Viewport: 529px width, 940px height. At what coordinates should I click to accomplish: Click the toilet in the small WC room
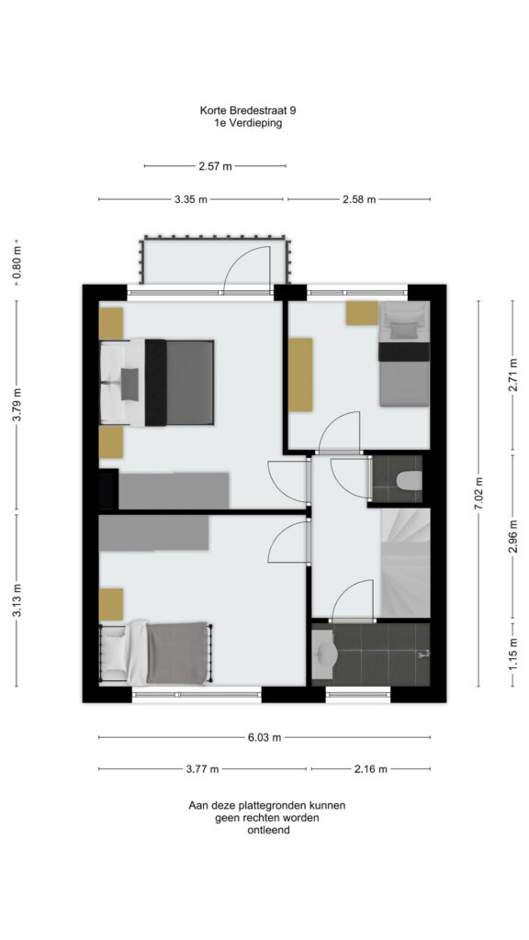pos(409,479)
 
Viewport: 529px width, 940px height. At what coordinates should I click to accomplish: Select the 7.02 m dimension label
pos(478,493)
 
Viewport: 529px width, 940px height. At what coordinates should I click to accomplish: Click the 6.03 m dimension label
pos(264,737)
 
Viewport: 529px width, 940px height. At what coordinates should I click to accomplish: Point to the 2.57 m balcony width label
pos(215,166)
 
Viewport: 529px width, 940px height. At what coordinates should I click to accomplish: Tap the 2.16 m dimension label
pos(371,769)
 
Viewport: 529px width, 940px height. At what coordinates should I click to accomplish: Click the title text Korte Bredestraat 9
pos(248,111)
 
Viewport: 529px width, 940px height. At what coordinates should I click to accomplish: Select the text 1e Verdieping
pos(248,124)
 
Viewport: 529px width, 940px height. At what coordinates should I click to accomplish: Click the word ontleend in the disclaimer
pos(268,830)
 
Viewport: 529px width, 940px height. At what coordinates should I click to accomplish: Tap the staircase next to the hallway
pos(405,563)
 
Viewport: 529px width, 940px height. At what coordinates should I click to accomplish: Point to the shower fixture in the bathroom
pos(424,655)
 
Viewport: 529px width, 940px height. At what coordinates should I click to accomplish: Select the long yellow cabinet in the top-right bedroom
pos(300,375)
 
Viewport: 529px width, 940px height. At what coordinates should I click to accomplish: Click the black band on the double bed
pos(155,383)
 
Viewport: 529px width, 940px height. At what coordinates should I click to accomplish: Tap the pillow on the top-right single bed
pos(404,330)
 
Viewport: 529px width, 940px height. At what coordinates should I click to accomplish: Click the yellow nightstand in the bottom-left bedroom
pos(111,604)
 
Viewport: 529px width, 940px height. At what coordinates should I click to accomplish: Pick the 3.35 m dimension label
pos(191,199)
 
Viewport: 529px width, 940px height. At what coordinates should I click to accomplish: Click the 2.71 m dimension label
pos(512,375)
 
